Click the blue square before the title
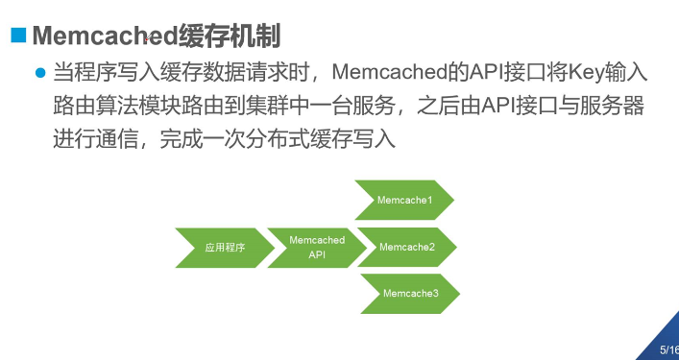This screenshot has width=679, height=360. coord(17,36)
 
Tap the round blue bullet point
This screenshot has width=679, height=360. coord(40,73)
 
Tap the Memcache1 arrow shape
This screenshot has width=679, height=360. coord(403,201)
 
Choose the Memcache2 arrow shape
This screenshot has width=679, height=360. coord(407,248)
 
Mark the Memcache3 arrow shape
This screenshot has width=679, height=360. coord(410,294)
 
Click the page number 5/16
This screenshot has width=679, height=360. coord(668,350)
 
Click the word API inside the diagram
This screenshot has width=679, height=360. coord(317,255)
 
